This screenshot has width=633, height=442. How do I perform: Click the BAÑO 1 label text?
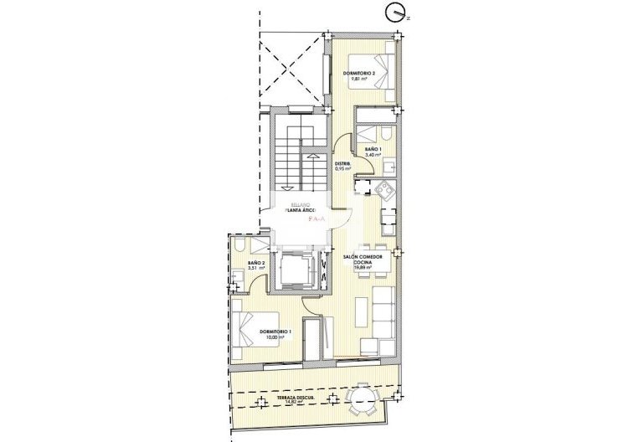tap(373, 149)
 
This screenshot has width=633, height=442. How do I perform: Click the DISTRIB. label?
tap(342, 163)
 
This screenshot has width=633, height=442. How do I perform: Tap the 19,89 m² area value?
tap(363, 268)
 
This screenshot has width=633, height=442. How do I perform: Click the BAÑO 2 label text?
tap(256, 263)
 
